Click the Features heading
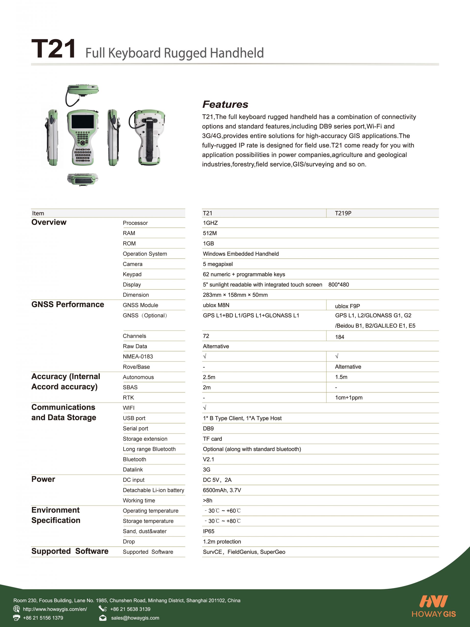tap(225, 104)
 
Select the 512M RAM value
tap(210, 233)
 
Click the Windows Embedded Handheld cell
tap(241, 254)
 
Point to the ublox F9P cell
tap(347, 306)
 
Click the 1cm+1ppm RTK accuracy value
tap(349, 398)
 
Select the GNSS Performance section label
tap(68, 304)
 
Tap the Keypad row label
tap(132, 274)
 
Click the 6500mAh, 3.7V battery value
tap(222, 490)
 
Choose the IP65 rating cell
tap(209, 531)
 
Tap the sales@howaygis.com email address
tap(135, 618)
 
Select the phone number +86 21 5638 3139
tap(130, 609)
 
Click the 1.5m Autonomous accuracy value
tap(341, 377)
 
